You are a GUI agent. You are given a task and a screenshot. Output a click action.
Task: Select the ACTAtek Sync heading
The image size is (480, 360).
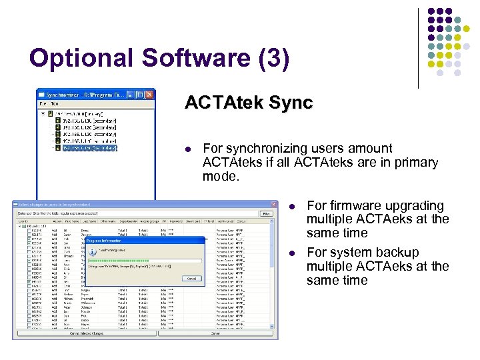[x=249, y=103]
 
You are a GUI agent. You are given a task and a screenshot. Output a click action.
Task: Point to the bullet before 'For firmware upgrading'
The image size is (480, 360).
[x=293, y=206]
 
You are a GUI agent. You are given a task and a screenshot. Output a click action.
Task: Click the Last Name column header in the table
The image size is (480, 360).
[x=89, y=221]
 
